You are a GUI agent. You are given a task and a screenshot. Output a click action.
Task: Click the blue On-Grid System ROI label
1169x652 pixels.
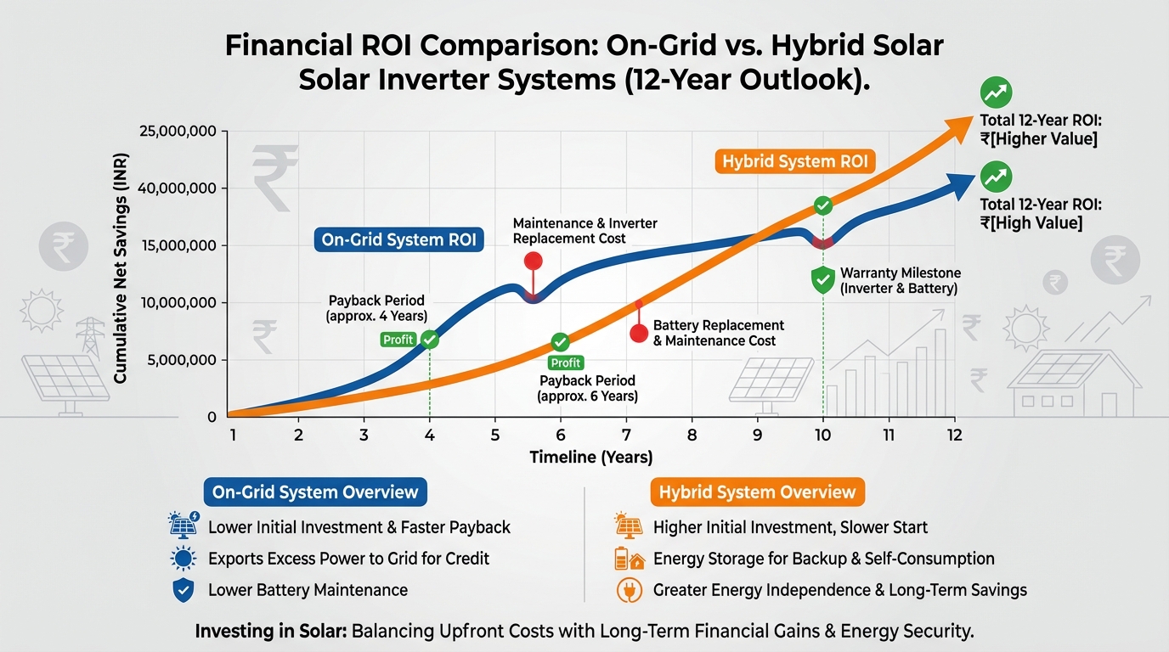(399, 240)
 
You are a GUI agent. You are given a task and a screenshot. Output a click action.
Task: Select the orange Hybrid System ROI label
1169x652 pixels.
(794, 161)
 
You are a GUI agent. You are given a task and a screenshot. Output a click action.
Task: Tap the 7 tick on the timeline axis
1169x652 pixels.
(625, 435)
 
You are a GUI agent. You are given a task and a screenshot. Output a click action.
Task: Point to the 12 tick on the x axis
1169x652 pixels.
(954, 435)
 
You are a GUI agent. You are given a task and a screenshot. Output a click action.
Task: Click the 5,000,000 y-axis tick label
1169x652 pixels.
(182, 360)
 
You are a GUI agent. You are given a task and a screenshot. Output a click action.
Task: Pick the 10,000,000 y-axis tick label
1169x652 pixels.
(178, 303)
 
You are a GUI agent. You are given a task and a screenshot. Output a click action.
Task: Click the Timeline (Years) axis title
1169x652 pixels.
(591, 458)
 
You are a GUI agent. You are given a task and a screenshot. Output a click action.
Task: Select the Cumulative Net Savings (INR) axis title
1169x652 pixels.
(121, 274)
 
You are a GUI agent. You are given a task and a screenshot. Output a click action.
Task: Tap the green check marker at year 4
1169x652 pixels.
(430, 340)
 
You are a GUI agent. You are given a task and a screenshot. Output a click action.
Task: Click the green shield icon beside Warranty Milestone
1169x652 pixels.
(822, 280)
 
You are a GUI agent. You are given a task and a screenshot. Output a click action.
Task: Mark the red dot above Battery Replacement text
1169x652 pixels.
(639, 333)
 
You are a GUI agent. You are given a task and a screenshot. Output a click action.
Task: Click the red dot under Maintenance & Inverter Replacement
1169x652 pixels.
(534, 261)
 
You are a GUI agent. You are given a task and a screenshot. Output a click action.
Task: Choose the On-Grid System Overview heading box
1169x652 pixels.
(315, 492)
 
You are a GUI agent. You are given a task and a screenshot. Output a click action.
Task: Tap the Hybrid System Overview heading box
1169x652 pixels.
(757, 492)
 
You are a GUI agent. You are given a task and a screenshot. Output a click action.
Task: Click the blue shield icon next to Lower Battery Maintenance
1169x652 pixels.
(183, 590)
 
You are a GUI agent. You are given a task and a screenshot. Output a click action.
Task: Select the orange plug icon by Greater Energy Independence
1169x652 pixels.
(627, 590)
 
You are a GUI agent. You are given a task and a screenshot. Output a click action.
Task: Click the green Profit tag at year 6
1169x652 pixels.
(566, 363)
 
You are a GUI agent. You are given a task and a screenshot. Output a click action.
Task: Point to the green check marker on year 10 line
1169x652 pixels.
(822, 205)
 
